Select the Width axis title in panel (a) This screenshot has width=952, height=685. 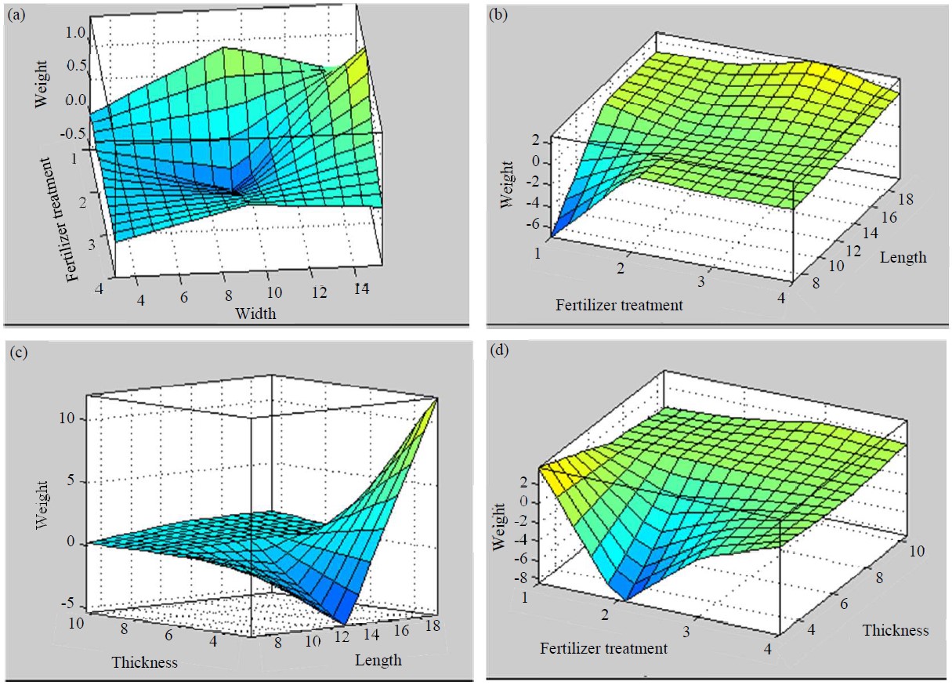pos(255,313)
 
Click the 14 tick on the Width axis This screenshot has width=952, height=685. pos(360,288)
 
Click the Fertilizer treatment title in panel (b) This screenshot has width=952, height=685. pos(619,305)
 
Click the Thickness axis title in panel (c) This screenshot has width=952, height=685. pos(144,661)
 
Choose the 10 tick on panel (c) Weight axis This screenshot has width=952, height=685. pos(67,419)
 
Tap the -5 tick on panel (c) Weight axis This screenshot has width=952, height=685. pos(69,603)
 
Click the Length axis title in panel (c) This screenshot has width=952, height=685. pos(378,660)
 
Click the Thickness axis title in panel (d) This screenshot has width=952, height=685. pos(896,630)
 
